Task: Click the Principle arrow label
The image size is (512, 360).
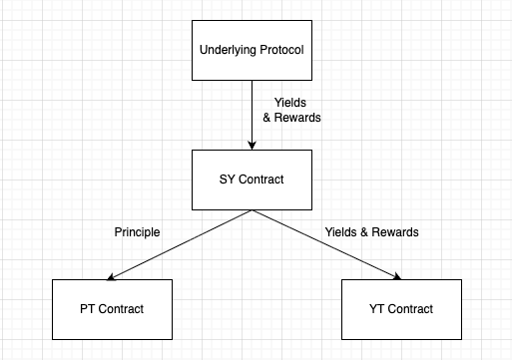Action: pyautogui.click(x=138, y=232)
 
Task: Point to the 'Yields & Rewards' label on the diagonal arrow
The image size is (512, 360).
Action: pyautogui.click(x=371, y=232)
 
